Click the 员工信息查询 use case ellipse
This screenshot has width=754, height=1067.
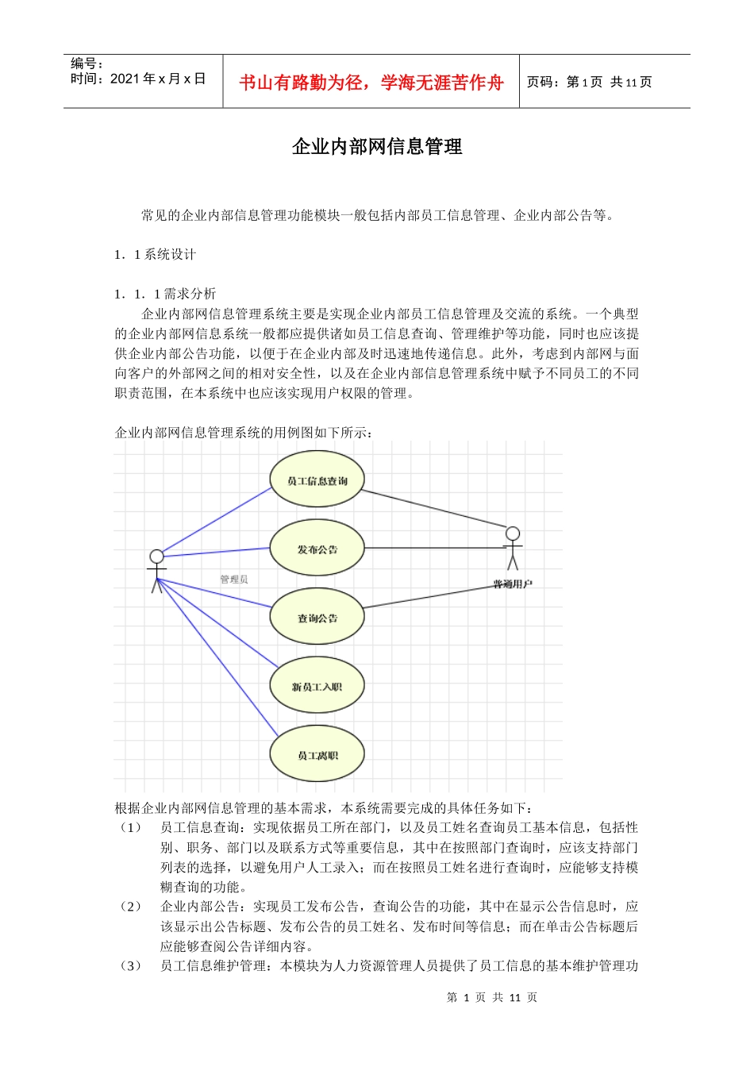click(317, 480)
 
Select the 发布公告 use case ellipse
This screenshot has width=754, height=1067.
click(317, 549)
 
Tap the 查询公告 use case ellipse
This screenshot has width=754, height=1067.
click(317, 618)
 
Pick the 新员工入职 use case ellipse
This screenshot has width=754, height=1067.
click(317, 686)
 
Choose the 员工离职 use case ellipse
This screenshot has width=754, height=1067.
click(317, 755)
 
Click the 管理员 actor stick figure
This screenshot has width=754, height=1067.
click(156, 569)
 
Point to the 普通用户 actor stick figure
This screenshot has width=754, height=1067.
click(513, 548)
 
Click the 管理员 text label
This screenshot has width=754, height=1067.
click(234, 580)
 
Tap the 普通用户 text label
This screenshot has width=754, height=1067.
click(513, 584)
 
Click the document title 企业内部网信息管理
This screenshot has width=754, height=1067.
click(377, 147)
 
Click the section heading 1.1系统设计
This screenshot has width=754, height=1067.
click(155, 255)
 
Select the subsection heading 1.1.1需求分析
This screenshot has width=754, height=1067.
click(165, 294)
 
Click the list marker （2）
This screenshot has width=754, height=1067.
click(130, 907)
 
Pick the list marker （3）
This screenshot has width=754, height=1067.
click(130, 966)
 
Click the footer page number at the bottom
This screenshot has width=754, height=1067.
click(491, 998)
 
